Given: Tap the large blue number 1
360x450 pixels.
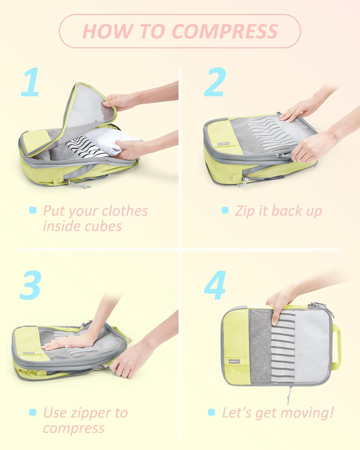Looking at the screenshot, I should tap(31, 82).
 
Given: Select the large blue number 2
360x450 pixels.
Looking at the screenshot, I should tap(214, 82).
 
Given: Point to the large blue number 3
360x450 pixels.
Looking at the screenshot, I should tap(30, 285).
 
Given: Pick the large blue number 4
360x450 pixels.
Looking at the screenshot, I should tap(215, 285).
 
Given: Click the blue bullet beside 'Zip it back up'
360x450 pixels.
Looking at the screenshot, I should tap(225, 210).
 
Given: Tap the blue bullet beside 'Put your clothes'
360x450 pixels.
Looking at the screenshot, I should tap(33, 210).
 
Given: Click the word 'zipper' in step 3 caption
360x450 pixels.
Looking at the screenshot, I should tap(85, 413).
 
